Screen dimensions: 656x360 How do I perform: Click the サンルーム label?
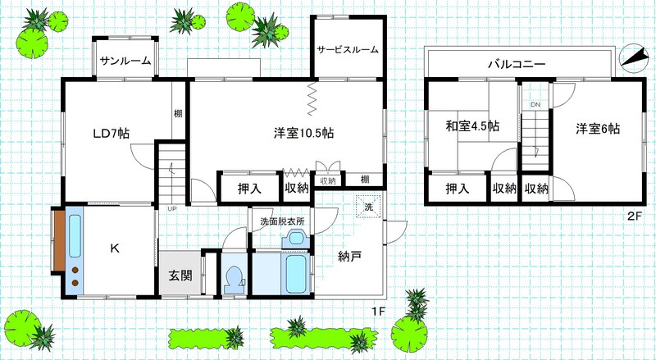[x=125, y=62]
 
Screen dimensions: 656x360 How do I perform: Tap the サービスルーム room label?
[x=348, y=50]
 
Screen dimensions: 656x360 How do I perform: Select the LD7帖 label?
[x=111, y=134]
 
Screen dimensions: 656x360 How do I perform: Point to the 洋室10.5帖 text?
[x=303, y=133]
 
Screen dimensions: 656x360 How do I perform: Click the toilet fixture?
[x=233, y=280]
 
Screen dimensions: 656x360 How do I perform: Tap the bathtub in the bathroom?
[x=298, y=274]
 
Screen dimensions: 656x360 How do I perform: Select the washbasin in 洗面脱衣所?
[x=296, y=239]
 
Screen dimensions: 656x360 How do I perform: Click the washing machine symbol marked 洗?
[x=368, y=207]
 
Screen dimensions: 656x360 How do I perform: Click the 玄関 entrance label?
[x=180, y=276]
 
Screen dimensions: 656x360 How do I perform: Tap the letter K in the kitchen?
[x=115, y=248]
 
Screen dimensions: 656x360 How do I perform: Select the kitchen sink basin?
[x=75, y=236]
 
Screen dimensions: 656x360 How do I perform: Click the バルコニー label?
[x=517, y=65]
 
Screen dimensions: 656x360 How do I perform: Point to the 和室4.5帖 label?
[x=472, y=126]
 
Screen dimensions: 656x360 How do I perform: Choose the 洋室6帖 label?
[x=598, y=129]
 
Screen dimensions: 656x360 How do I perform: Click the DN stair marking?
[x=535, y=105]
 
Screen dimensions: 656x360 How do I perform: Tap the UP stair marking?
[x=171, y=208]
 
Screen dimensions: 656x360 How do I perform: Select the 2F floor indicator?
[x=634, y=216]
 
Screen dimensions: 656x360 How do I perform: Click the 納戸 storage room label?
[x=349, y=256]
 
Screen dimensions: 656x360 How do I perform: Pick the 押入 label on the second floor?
[x=457, y=189]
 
